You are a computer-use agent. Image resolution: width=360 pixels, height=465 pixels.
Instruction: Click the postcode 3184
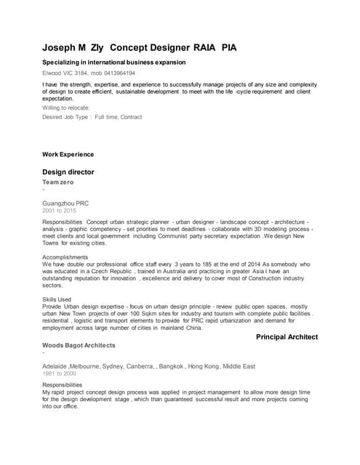(x=80, y=73)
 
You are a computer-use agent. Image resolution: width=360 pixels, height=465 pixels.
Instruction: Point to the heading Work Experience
(x=68, y=154)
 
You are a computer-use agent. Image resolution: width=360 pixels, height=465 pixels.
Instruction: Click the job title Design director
(x=68, y=172)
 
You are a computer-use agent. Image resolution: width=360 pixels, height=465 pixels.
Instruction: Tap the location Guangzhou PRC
(x=65, y=203)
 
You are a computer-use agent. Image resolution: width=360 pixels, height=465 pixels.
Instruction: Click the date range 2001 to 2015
(x=59, y=211)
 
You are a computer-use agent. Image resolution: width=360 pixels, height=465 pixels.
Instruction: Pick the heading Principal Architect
(x=287, y=337)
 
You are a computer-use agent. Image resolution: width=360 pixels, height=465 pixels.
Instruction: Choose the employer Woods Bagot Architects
(x=79, y=345)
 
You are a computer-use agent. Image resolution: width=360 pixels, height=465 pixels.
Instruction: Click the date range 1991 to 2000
(x=59, y=373)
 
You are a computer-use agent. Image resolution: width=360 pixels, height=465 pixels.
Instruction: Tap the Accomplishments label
(x=66, y=257)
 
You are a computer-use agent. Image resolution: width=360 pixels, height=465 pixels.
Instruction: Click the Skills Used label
(x=57, y=299)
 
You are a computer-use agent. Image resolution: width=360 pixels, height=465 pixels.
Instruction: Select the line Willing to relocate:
(x=66, y=108)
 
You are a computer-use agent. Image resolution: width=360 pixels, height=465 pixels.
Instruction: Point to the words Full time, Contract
(x=119, y=117)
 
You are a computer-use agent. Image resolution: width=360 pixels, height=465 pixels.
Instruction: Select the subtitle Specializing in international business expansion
(x=116, y=63)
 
